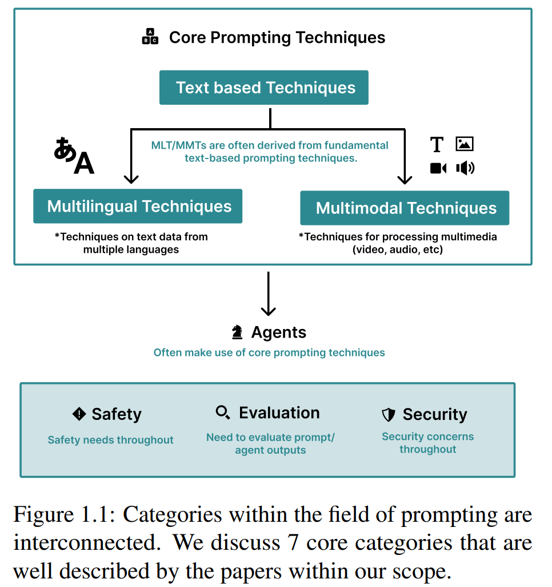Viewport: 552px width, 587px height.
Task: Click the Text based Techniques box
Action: (263, 88)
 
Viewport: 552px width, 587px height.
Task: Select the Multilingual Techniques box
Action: (138, 206)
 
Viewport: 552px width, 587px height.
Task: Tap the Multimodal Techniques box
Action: (405, 208)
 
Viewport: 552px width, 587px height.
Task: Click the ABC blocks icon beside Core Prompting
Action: (150, 37)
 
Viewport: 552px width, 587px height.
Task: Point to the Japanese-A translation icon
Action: (74, 156)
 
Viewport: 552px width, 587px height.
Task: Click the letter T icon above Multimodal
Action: (437, 145)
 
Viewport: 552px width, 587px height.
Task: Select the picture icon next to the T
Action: (465, 144)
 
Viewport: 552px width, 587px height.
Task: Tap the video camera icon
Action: (438, 168)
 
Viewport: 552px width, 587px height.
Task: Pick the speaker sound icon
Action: (465, 168)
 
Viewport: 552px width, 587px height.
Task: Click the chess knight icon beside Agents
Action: (237, 332)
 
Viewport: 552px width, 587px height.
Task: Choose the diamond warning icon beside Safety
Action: (79, 414)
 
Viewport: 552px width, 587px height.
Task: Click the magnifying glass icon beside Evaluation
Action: (223, 412)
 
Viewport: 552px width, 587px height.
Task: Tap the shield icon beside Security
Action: (389, 414)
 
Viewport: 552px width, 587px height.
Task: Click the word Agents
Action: (278, 332)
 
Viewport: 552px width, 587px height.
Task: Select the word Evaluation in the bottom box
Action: (279, 413)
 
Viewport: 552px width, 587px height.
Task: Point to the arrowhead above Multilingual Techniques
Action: (131, 179)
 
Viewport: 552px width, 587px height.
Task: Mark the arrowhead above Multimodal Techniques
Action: (405, 179)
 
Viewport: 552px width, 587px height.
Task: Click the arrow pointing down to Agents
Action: (269, 295)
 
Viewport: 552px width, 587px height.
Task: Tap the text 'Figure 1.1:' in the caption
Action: (62, 515)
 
